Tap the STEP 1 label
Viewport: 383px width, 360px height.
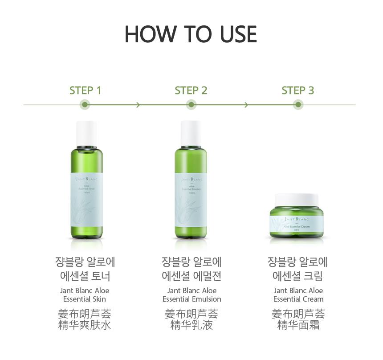85,90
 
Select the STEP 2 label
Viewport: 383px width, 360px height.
191,90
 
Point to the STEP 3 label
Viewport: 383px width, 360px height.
297,90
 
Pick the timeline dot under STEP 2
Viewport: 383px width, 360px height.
191,105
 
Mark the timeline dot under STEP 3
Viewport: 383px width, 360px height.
298,105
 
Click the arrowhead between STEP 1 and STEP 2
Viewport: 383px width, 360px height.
138,105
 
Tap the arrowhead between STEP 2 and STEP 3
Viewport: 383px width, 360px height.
245,105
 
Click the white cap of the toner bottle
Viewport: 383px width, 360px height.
86,134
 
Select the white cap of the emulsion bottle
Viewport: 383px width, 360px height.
191,134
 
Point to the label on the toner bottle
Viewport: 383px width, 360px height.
86,196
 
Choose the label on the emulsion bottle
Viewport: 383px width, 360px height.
191,196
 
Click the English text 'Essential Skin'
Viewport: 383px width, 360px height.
85,299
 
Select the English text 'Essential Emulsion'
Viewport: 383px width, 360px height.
191,299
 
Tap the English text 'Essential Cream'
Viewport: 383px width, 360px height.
298,299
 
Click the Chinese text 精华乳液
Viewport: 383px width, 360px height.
191,325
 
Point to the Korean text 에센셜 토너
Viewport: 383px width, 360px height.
85,276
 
